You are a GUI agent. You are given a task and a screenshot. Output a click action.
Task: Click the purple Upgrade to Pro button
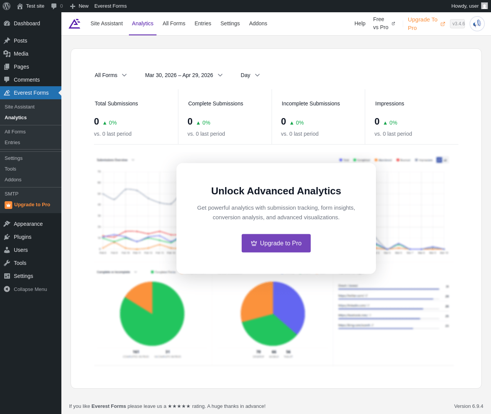point(276,243)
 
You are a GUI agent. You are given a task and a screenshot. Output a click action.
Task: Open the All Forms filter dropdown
point(110,75)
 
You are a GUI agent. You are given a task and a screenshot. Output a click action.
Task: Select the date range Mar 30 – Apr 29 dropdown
point(183,75)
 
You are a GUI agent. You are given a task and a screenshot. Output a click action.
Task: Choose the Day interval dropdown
point(250,75)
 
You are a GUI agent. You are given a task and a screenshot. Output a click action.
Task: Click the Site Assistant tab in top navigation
point(107,23)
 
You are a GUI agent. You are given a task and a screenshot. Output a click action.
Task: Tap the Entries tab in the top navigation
point(203,23)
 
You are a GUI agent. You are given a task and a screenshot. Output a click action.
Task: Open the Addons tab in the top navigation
point(258,23)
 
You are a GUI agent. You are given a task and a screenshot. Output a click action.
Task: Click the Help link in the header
point(360,23)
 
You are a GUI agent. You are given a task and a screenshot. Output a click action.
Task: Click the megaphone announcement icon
point(477,24)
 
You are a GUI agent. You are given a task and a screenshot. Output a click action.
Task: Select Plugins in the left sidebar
point(23,237)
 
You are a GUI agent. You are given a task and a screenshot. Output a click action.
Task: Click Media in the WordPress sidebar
point(21,54)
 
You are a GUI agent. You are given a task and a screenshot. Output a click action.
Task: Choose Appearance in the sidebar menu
point(28,224)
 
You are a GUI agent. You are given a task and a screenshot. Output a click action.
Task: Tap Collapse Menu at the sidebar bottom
point(30,289)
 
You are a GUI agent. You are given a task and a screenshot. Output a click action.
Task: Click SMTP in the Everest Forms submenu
point(12,194)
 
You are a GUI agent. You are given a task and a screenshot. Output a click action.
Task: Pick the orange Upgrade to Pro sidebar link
point(32,205)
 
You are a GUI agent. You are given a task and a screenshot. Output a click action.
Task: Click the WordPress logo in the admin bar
point(7,6)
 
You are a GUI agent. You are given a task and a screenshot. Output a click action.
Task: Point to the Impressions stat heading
point(389,103)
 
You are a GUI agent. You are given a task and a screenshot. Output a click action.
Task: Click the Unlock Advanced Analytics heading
point(276,191)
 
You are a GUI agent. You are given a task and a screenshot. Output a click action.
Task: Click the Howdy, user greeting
point(465,6)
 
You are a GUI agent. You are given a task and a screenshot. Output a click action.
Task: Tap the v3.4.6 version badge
point(458,24)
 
